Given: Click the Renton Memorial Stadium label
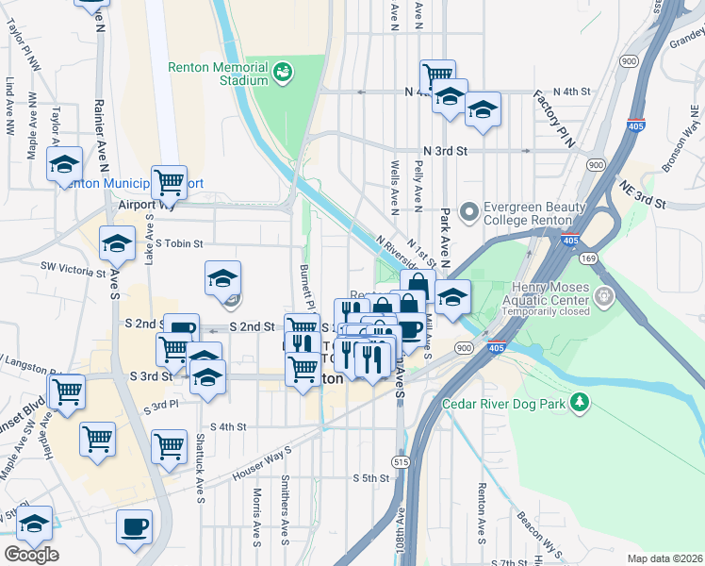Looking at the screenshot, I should click(x=219, y=74).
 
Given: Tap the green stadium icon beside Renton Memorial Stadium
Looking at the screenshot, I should click(x=281, y=73).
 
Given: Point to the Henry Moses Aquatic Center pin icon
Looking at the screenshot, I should click(x=602, y=299).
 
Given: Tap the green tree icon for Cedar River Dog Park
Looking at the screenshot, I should click(x=581, y=405).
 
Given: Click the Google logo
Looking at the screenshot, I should click(x=31, y=555).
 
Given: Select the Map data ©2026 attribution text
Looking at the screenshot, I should click(x=665, y=558).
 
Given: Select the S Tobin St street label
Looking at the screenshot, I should click(x=180, y=243).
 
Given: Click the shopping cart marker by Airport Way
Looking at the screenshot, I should click(x=170, y=180).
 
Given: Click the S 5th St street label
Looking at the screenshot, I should click(x=371, y=478).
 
